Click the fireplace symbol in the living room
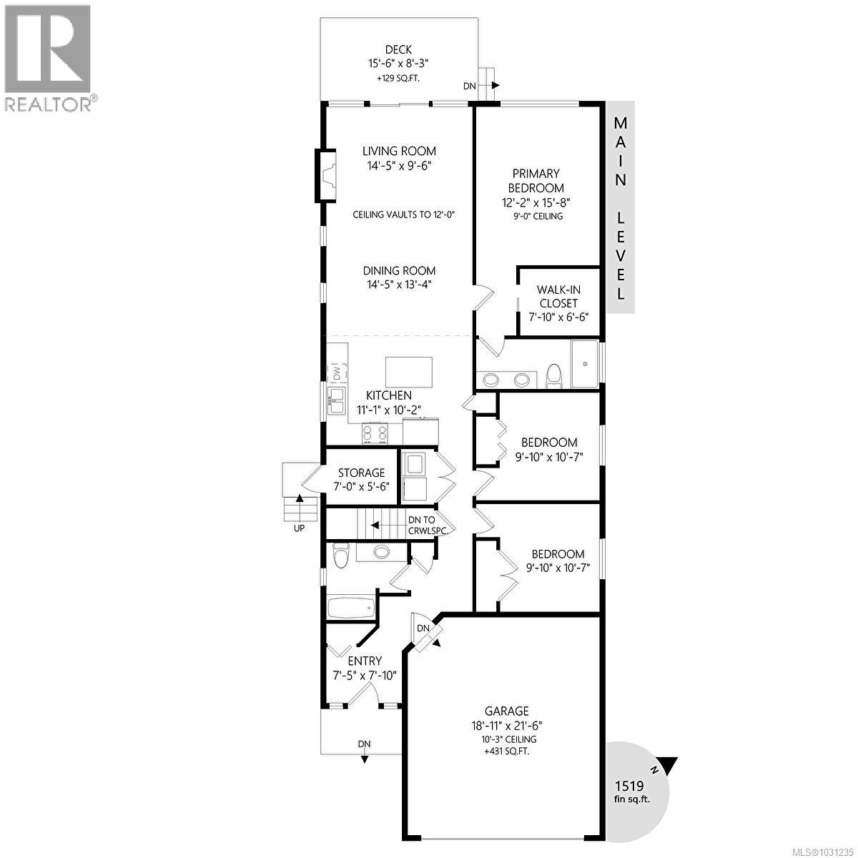click(x=327, y=176)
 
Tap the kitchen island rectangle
click(x=408, y=372)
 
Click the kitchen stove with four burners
click(x=375, y=433)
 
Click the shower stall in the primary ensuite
click(x=585, y=364)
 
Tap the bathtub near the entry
click(x=350, y=608)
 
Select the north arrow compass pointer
click(x=666, y=766)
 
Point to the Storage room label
click(x=361, y=473)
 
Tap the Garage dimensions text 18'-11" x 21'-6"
click(x=507, y=725)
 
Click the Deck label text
click(x=398, y=49)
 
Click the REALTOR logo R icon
click(x=47, y=47)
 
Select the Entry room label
click(x=365, y=661)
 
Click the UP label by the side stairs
click(x=299, y=528)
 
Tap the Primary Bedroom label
click(x=536, y=180)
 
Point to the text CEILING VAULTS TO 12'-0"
click(x=405, y=214)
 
